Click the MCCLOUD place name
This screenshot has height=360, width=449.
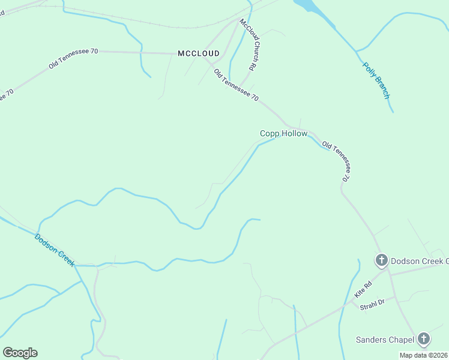[x=199, y=53]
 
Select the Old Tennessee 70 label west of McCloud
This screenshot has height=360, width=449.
[x=73, y=58]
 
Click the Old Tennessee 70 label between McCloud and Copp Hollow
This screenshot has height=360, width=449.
[x=237, y=85]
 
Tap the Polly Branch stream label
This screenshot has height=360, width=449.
[x=377, y=80]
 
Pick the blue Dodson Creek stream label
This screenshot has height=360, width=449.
[x=54, y=250]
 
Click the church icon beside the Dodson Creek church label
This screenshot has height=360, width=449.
[x=381, y=260]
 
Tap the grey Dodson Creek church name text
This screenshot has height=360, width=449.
[x=419, y=261]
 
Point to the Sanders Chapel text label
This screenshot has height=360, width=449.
[x=384, y=340]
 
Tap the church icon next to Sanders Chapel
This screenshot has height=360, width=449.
[x=424, y=339]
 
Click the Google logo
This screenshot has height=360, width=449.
[x=20, y=353]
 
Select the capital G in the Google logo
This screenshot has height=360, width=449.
[x=8, y=353]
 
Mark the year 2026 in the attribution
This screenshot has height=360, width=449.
[x=439, y=355]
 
